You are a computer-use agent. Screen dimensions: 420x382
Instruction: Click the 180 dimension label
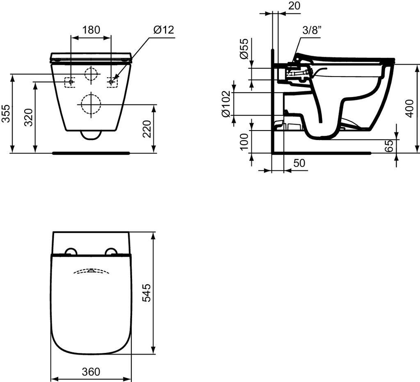(x=91, y=29)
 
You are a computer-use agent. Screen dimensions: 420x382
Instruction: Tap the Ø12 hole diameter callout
(x=164, y=29)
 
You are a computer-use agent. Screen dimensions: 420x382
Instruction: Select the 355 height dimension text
(x=6, y=113)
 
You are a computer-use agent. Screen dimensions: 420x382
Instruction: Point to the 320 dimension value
(x=28, y=117)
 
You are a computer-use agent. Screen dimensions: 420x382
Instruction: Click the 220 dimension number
(x=147, y=129)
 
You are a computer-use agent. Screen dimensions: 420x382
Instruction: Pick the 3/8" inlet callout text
(x=312, y=30)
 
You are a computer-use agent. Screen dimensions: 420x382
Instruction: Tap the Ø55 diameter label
(x=244, y=48)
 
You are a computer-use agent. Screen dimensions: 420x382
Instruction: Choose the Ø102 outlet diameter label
(x=226, y=104)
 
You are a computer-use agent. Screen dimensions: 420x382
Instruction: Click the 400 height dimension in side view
(x=410, y=108)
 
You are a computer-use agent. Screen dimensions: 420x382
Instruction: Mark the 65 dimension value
(x=390, y=146)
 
